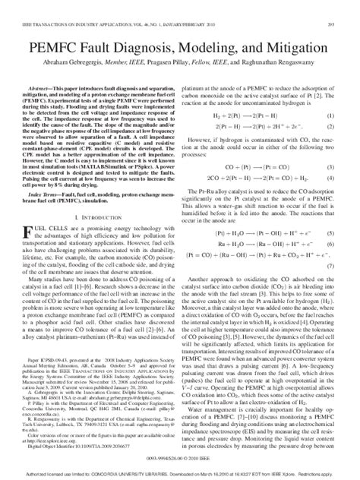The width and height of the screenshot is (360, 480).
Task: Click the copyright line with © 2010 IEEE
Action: click(x=180, y=456)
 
